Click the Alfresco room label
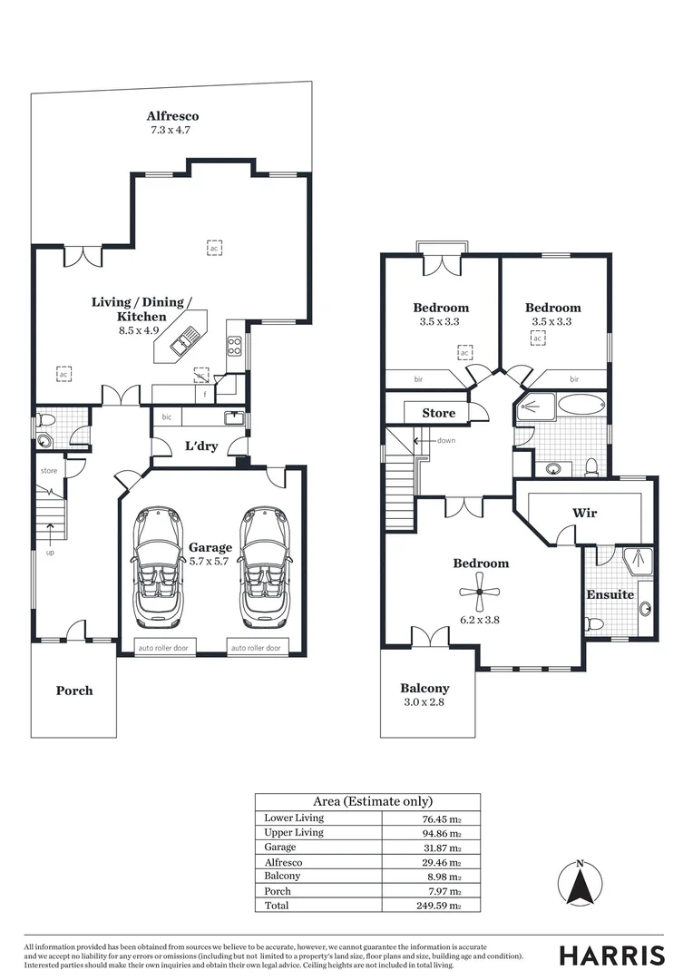[x=172, y=116]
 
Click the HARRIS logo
[x=610, y=955]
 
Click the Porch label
[x=74, y=691]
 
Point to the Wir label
[x=584, y=513]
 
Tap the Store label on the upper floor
[x=439, y=413]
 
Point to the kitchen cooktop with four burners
[x=234, y=346]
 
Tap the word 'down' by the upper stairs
[x=444, y=440]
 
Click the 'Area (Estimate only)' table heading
[x=366, y=801]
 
